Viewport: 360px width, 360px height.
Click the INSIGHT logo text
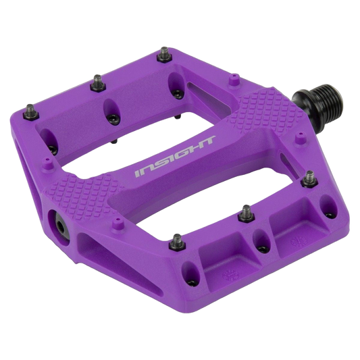coord(175,157)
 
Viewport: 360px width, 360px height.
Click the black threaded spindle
coord(318,104)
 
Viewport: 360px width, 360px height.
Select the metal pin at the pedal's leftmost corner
coord(31,112)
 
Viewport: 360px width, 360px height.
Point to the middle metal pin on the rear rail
coord(98,83)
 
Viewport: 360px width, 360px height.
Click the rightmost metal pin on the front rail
coord(310,179)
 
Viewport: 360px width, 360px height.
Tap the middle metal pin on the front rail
coord(247,213)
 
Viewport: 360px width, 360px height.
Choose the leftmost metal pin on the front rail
coord(177,242)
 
